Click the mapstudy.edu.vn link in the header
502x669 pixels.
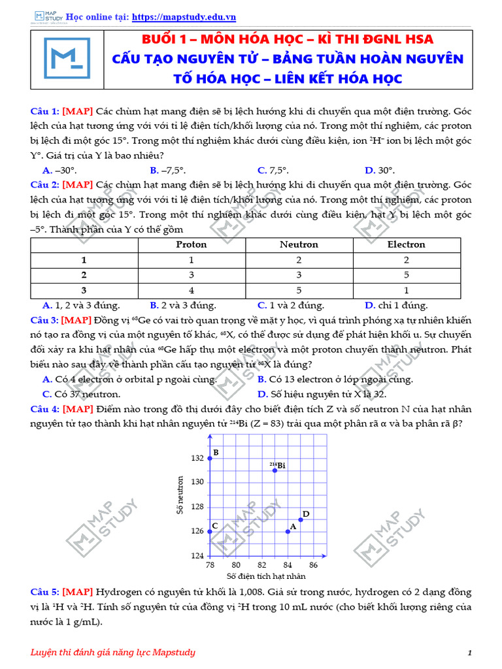point(184,17)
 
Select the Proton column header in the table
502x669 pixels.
point(192,244)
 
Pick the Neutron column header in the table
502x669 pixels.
point(299,244)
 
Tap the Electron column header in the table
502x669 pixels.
point(406,244)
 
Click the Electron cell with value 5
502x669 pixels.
point(406,274)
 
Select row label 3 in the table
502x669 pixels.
point(84,290)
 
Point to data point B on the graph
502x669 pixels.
point(210,458)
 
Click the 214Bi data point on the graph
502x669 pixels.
point(275,470)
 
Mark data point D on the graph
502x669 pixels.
point(301,519)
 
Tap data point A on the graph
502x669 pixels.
point(288,531)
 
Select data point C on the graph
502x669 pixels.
point(210,531)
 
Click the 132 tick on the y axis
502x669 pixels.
point(197,458)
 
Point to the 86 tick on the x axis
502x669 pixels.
point(313,564)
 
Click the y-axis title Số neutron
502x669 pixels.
point(180,495)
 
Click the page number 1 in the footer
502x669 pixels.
point(470,653)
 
